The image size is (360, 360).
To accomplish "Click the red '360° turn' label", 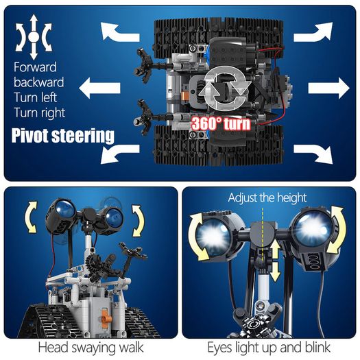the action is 221,123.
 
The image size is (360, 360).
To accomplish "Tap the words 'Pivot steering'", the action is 62,136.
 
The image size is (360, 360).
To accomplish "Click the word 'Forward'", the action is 35,67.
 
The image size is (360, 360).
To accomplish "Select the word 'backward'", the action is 39,82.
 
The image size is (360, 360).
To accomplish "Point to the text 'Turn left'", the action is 35,97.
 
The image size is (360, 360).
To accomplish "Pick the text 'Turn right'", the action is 40,113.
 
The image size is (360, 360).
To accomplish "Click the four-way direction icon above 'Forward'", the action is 34,37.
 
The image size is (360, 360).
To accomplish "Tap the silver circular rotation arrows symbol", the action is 224,89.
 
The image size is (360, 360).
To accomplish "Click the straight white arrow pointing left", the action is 99,88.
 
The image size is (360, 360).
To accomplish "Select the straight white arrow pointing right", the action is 328,88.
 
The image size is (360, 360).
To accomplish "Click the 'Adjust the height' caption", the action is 267,197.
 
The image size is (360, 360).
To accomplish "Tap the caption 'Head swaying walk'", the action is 91,348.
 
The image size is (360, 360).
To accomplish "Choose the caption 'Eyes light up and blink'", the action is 269,348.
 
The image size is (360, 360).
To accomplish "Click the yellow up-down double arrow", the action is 275,261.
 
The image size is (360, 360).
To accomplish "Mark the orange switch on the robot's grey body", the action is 105,318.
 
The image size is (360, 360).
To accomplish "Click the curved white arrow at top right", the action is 313,32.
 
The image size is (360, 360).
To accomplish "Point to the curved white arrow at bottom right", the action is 313,154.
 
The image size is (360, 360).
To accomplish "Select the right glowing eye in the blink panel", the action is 311,228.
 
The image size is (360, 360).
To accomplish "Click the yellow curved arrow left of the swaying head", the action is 31,217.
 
